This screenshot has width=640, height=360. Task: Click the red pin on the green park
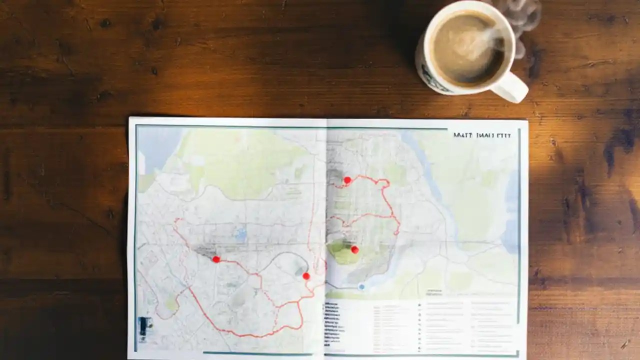(354, 249)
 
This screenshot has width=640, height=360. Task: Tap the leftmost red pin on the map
(216, 259)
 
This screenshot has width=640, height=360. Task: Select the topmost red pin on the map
(347, 180)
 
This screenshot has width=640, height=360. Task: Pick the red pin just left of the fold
(306, 275)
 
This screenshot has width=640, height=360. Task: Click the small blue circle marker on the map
(361, 286)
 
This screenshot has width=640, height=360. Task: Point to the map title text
(481, 135)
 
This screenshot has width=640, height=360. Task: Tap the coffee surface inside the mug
(467, 47)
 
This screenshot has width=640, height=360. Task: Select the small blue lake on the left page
(242, 233)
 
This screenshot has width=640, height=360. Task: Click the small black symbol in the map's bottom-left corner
(143, 325)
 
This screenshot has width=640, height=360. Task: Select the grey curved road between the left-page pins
(280, 256)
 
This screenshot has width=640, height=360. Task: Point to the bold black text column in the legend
(331, 322)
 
